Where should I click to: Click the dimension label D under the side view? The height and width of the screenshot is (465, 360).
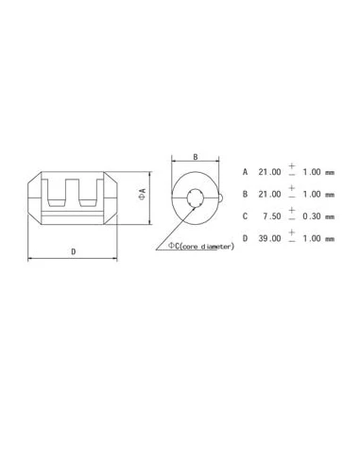point(75,250)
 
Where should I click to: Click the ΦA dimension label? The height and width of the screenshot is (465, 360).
point(142,194)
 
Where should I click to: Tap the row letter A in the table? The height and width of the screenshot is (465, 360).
point(245,173)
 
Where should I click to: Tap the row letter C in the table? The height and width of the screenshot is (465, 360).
point(245,216)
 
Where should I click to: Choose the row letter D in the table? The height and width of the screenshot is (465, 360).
point(245,238)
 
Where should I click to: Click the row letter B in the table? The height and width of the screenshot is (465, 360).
point(245,195)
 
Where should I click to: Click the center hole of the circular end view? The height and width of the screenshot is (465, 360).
point(196,198)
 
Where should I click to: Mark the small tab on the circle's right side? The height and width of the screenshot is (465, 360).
point(221,198)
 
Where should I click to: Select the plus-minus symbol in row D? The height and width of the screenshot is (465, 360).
point(292,237)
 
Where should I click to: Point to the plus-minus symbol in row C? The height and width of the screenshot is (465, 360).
point(292,215)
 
